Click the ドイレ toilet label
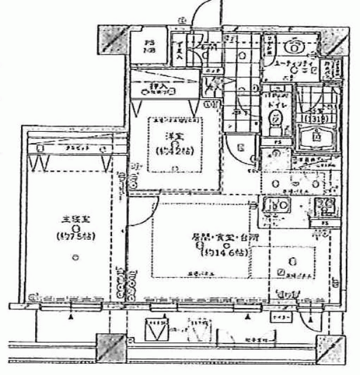pos(276,105)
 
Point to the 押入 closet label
pos(155,87)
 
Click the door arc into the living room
pos(144,208)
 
